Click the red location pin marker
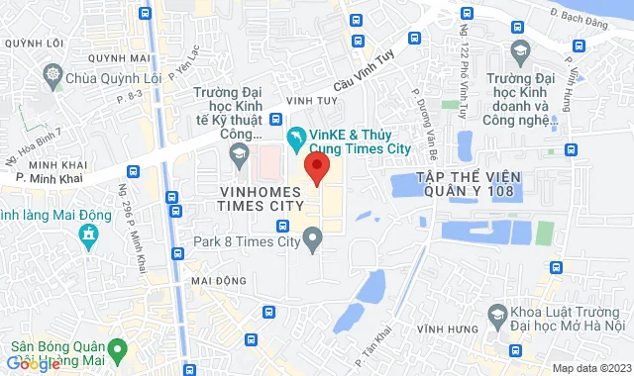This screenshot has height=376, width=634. coord(316,168)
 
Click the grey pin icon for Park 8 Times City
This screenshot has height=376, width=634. coord(313,238)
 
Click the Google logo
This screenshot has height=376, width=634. coord(31,363)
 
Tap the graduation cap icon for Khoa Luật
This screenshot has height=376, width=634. coord(498,317)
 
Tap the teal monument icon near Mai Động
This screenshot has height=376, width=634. coord(89,235)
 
